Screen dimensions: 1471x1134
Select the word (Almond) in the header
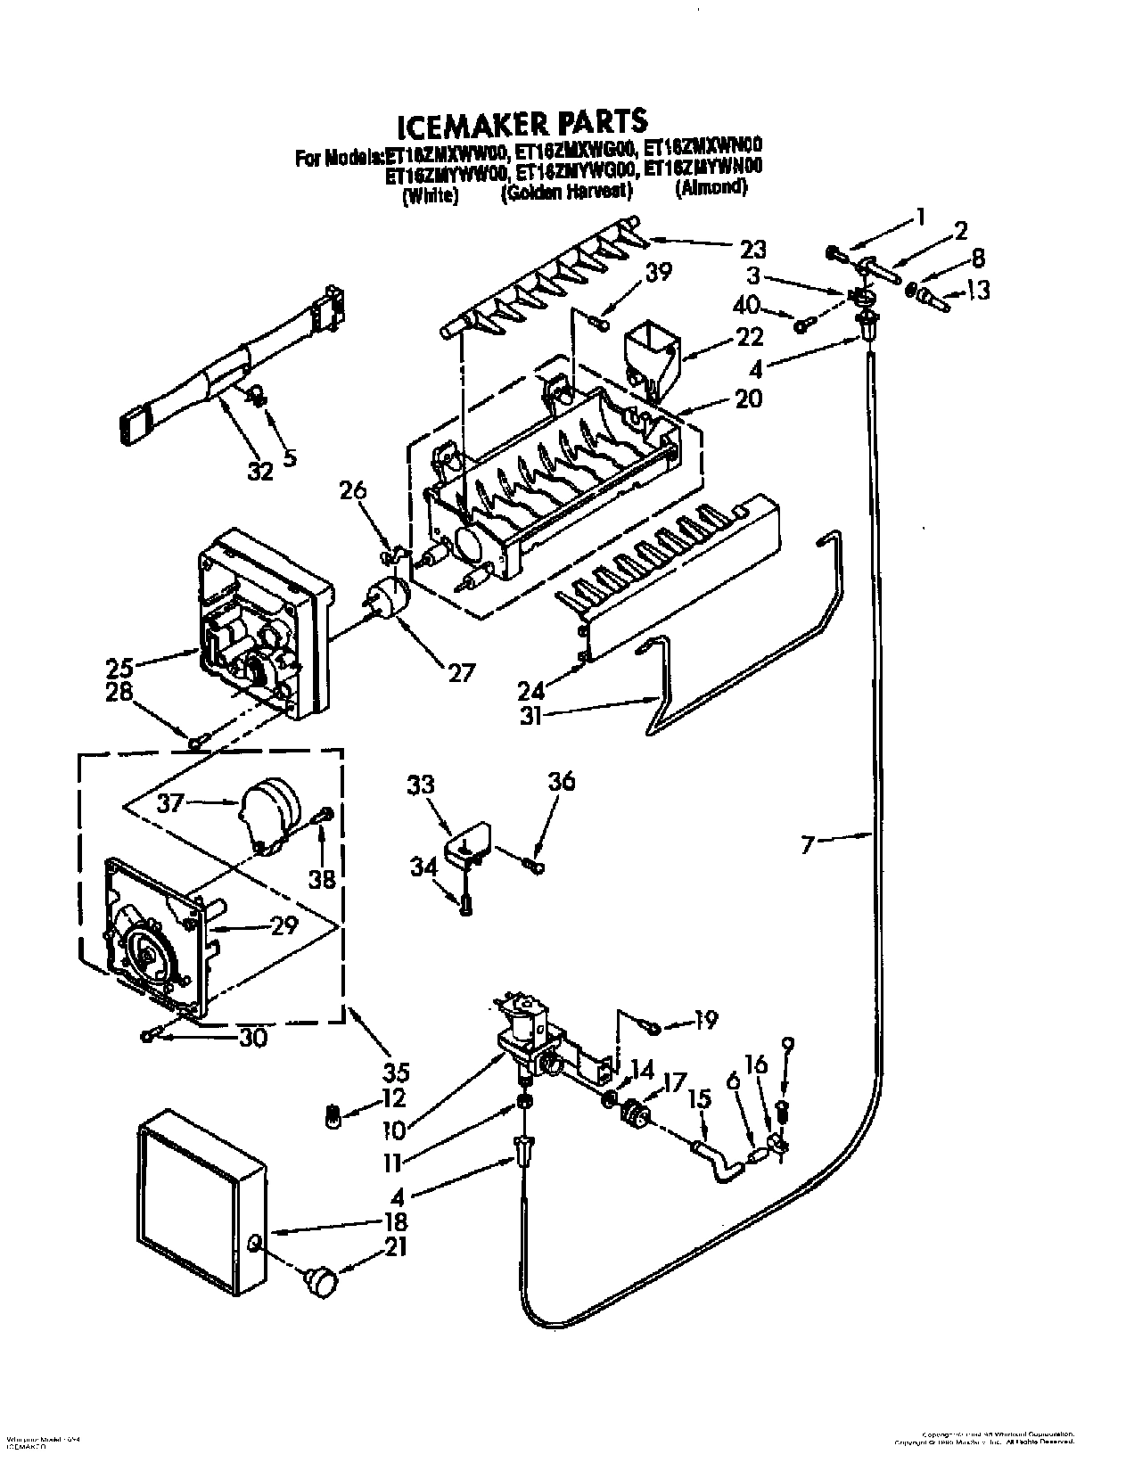(711, 188)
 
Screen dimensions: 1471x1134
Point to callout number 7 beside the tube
(809, 843)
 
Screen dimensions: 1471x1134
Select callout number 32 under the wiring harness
(260, 471)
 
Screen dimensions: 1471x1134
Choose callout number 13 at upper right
(977, 291)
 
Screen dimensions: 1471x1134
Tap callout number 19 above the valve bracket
(704, 1020)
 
